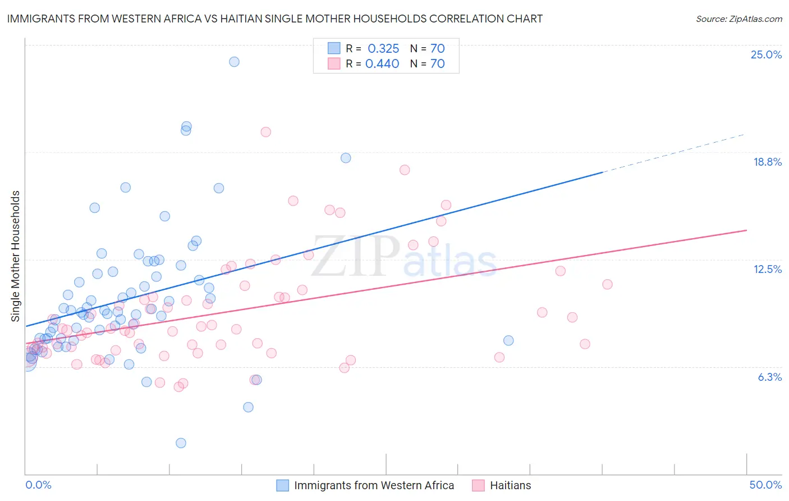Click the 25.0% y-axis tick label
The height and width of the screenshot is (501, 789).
pyautogui.click(x=766, y=54)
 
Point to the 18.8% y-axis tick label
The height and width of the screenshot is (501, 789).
pyautogui.click(x=767, y=162)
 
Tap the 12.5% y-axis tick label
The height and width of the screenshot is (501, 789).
pyautogui.click(x=767, y=269)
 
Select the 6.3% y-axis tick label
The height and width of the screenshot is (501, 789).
pyautogui.click(x=769, y=377)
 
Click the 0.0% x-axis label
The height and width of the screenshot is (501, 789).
pyautogui.click(x=38, y=485)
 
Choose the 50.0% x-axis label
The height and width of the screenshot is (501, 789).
pyautogui.click(x=765, y=485)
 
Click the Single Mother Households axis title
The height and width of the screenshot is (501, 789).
pyautogui.click(x=16, y=256)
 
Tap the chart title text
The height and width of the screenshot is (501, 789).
pyautogui.click(x=275, y=19)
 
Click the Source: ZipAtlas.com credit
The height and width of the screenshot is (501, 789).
pyautogui.click(x=738, y=19)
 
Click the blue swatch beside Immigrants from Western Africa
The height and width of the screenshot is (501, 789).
pyautogui.click(x=283, y=485)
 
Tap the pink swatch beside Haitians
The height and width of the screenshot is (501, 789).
pyautogui.click(x=478, y=485)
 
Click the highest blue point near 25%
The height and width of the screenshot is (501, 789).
pyautogui.click(x=234, y=62)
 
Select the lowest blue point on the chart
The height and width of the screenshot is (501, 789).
pyautogui.click(x=181, y=443)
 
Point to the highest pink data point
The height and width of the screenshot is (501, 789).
pyautogui.click(x=266, y=132)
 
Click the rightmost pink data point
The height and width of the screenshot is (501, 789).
pyautogui.click(x=607, y=284)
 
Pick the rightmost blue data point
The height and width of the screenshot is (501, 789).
pyautogui.click(x=508, y=340)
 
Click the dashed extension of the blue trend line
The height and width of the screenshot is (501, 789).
pyautogui.click(x=673, y=153)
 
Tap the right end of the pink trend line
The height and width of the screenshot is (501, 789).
pyautogui.click(x=746, y=230)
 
